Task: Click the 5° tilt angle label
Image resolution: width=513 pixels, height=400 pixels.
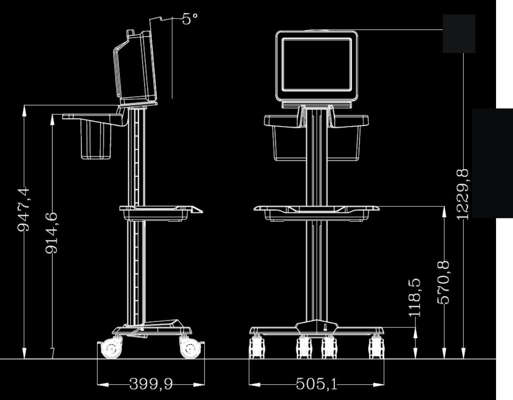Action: [190, 18]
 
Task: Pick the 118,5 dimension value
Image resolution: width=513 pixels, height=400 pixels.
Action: [415, 297]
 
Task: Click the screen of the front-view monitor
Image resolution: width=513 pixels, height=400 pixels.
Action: [316, 64]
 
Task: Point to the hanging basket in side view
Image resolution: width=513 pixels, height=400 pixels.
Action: [97, 141]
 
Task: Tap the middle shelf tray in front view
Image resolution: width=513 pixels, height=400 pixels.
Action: [316, 211]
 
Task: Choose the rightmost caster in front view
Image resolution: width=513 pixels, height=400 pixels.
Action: [376, 347]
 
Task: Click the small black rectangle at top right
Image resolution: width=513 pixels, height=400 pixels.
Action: [459, 34]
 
